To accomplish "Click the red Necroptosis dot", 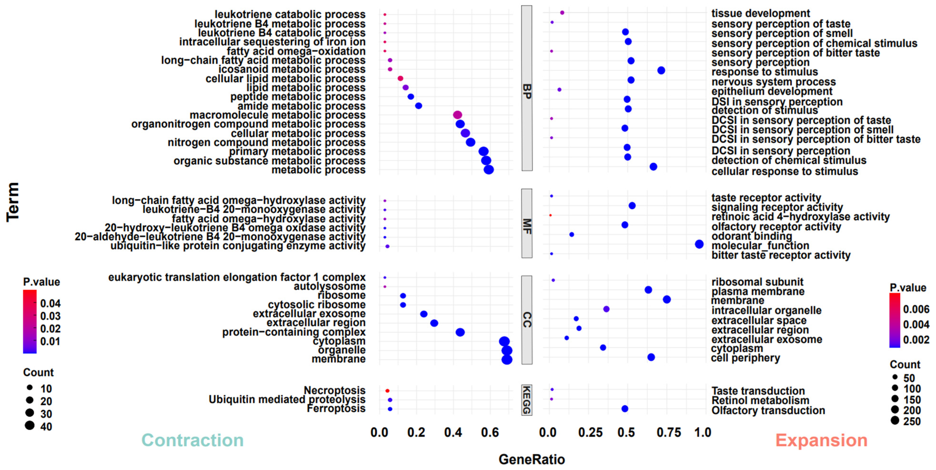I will tap(387, 391).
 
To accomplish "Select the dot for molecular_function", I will tap(699, 244).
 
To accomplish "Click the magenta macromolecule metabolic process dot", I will tap(457, 115).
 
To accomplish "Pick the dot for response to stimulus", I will tap(661, 71).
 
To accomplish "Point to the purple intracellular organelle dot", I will tap(606, 309).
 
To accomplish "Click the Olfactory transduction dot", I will tap(625, 409).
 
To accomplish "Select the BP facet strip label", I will tap(527, 91).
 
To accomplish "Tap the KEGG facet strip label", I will tap(527, 400).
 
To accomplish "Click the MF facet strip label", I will tap(527, 226).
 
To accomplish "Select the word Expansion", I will tap(821, 440).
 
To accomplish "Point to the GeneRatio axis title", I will tap(532, 460).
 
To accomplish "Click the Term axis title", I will tap(13, 202).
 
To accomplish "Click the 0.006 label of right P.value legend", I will tap(916, 309).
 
